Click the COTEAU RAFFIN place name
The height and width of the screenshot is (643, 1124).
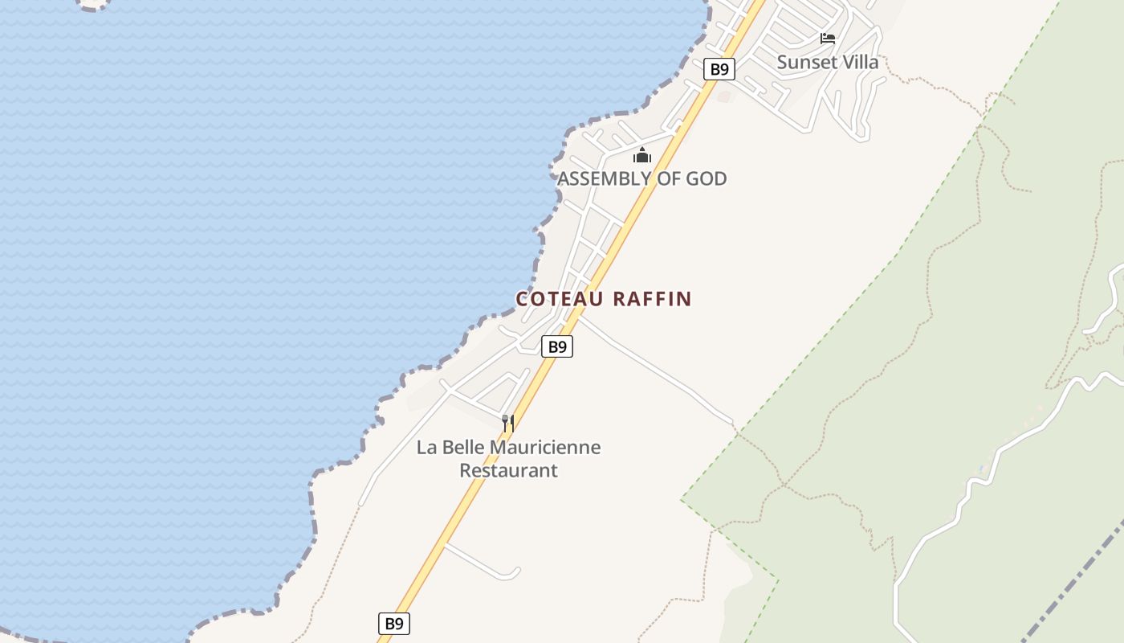click(x=604, y=299)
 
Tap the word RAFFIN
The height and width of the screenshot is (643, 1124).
click(x=652, y=299)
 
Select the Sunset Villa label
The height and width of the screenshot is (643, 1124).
click(x=828, y=62)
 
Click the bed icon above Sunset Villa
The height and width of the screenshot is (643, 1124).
click(x=828, y=39)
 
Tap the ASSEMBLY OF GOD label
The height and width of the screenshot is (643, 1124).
click(x=642, y=178)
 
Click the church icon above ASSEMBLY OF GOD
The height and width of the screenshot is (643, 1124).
click(x=642, y=155)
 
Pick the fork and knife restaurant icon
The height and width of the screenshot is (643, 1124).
click(x=508, y=423)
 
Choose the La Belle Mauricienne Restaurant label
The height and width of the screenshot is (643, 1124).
click(x=508, y=458)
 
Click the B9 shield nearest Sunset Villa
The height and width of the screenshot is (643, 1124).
click(x=719, y=69)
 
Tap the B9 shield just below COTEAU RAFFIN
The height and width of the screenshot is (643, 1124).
click(x=557, y=346)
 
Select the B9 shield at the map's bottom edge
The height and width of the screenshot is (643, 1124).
click(x=394, y=623)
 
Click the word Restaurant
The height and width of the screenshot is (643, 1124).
click(x=508, y=470)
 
